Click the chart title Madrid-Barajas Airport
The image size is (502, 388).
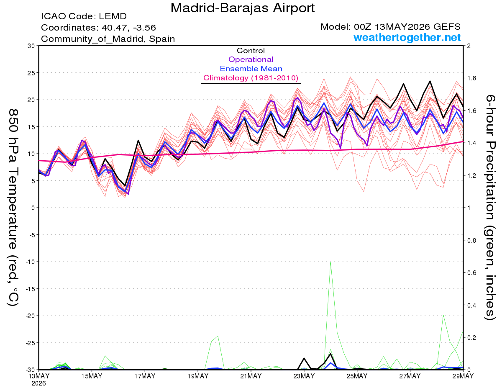[x=242, y=8]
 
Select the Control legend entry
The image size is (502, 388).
[x=251, y=50]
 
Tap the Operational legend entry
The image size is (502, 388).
[x=251, y=59]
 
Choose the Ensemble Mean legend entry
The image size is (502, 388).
[x=251, y=68]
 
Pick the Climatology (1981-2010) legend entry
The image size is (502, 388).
[x=251, y=78]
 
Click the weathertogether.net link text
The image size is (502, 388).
[x=407, y=37]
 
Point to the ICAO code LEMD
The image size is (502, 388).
[x=113, y=16]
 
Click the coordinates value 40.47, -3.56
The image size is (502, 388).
[x=129, y=28]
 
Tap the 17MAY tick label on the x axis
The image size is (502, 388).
[x=145, y=376]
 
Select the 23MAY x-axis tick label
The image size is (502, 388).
[x=304, y=376]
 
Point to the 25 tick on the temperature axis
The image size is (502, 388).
[x=31, y=73]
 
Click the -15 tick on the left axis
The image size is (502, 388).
[x=30, y=289]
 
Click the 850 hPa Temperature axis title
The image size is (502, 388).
[x=13, y=208]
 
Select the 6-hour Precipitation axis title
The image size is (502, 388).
[x=489, y=208]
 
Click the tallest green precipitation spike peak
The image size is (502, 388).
[x=330, y=262]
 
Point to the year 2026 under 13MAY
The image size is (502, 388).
[x=38, y=383]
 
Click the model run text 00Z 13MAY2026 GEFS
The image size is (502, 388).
[x=407, y=27]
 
